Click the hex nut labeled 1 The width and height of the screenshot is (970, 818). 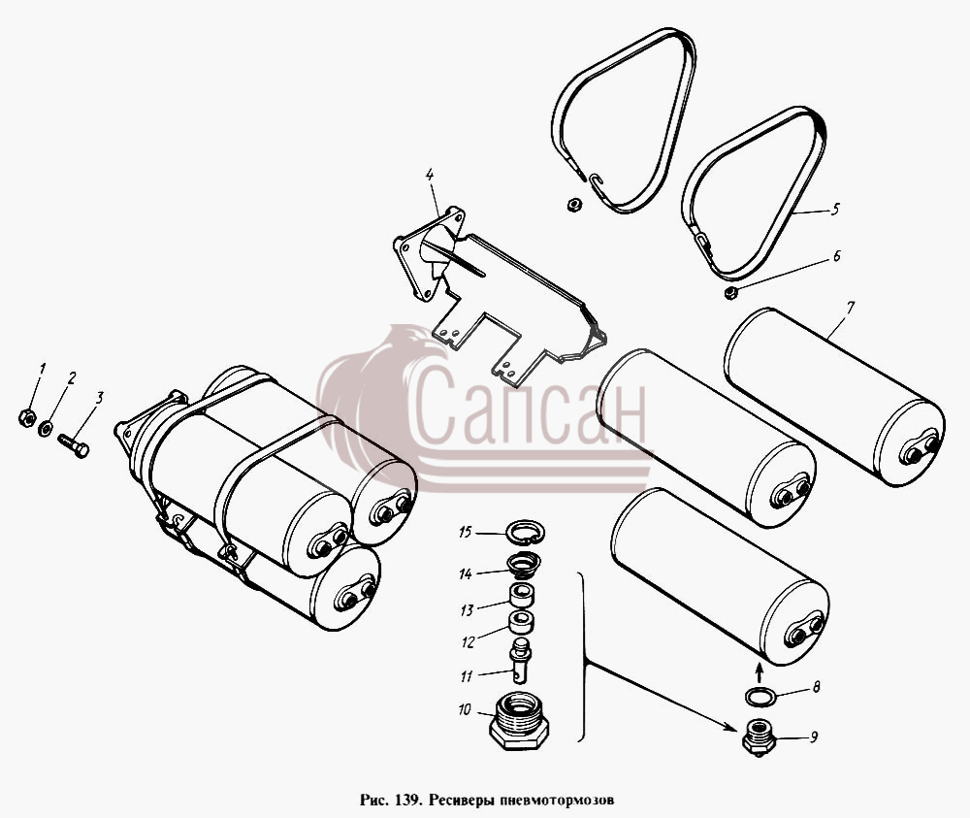coord(26,418)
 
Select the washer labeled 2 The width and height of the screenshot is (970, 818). coord(46,428)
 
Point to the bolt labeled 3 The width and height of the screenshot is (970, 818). coord(74,445)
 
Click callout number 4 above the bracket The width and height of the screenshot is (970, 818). coord(430,174)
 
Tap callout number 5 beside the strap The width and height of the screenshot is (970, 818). coord(835,210)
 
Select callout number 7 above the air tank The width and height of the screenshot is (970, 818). coord(852,308)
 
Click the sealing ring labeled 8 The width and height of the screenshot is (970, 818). coord(760,697)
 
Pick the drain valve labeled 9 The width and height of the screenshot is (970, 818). coord(759,737)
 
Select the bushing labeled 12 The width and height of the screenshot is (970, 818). coord(522,622)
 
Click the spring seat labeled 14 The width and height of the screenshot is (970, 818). coord(523,566)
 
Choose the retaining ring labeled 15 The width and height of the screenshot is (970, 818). coord(525,532)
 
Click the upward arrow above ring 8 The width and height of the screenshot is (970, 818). coord(760,671)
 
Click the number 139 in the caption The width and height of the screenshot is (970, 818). coord(401,800)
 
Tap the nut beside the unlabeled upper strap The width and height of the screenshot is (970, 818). coord(573,204)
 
